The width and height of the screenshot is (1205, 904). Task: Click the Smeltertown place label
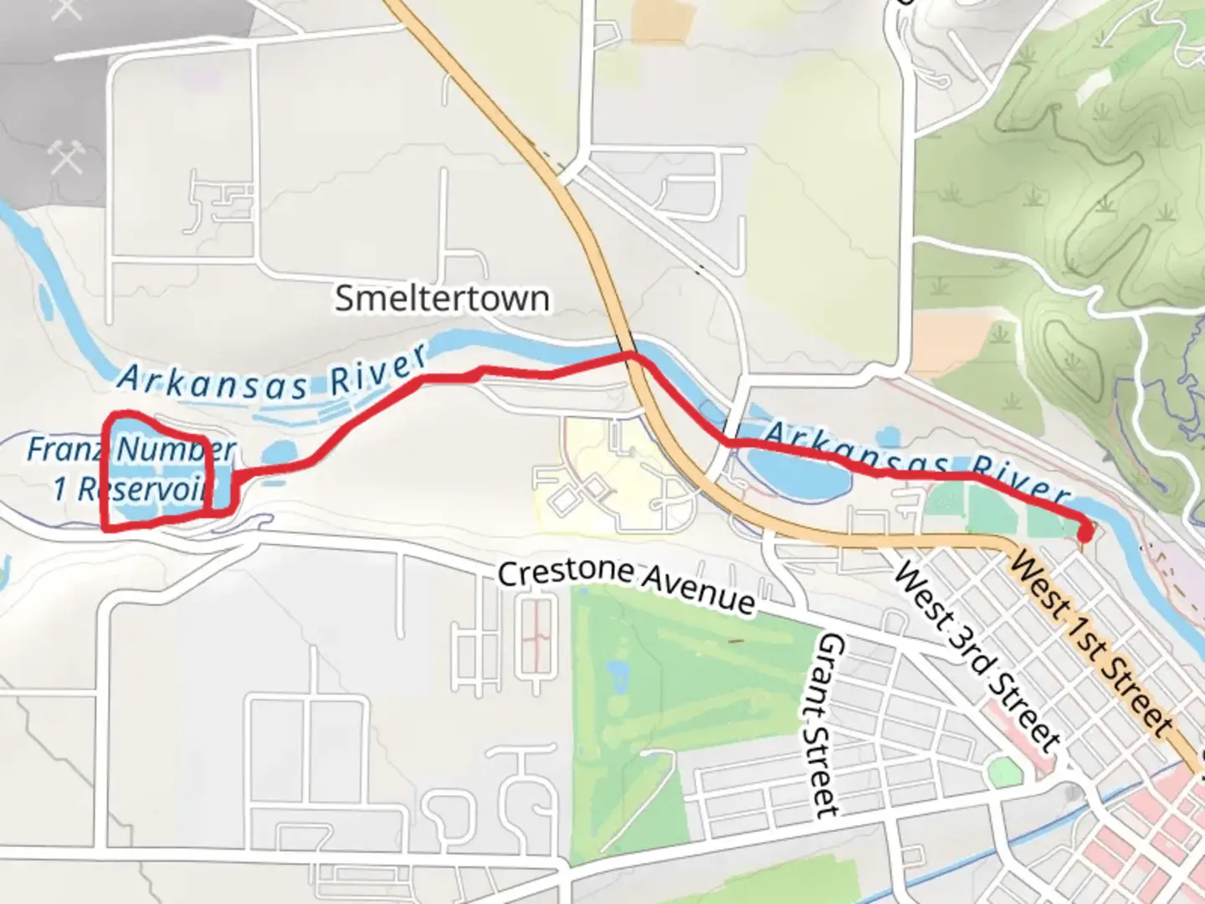[x=442, y=299]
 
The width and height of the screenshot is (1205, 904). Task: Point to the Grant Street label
[x=828, y=725]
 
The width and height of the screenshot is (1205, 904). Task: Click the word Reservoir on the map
[x=142, y=489]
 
